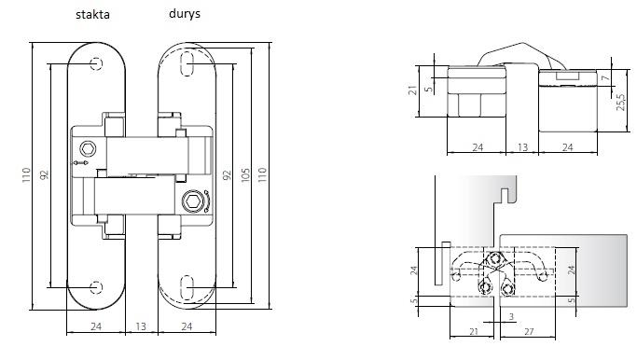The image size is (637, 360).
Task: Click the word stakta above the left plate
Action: (x=92, y=15)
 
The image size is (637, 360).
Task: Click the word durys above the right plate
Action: (x=185, y=14)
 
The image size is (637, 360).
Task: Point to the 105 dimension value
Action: (x=245, y=175)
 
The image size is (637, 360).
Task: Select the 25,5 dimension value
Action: (x=621, y=103)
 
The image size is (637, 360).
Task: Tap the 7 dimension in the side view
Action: (x=606, y=77)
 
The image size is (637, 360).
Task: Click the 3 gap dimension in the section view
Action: (x=511, y=316)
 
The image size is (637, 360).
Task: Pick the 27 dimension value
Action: (x=529, y=332)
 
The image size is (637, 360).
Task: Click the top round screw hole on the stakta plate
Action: (x=96, y=63)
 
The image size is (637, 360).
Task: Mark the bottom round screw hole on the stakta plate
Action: (x=96, y=287)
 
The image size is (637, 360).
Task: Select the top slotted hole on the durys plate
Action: (x=187, y=63)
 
